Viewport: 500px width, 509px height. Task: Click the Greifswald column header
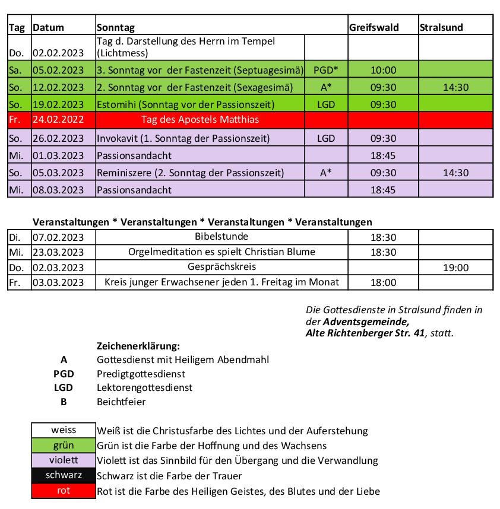pos(374,27)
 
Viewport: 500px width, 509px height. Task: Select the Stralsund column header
pos(441,27)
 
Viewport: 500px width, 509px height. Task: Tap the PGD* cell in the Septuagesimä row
pos(326,70)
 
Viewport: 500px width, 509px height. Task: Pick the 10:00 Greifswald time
pos(383,70)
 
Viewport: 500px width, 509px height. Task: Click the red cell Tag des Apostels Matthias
pos(200,120)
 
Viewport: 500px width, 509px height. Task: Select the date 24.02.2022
pos(58,120)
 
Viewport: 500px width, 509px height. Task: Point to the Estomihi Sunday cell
pos(185,104)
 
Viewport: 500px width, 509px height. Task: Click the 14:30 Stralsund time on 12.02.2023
pos(455,87)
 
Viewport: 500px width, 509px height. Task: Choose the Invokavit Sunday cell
pos(183,138)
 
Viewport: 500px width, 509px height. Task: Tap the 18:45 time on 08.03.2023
pos(383,190)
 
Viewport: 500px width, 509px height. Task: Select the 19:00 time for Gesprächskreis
pos(455,268)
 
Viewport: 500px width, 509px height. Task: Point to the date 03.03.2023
pos(58,282)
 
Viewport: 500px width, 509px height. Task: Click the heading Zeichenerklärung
pos(138,346)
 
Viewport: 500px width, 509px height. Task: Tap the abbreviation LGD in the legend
pos(64,388)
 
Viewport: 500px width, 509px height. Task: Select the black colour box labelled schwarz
pos(64,476)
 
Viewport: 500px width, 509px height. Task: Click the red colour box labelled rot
pos(64,491)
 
